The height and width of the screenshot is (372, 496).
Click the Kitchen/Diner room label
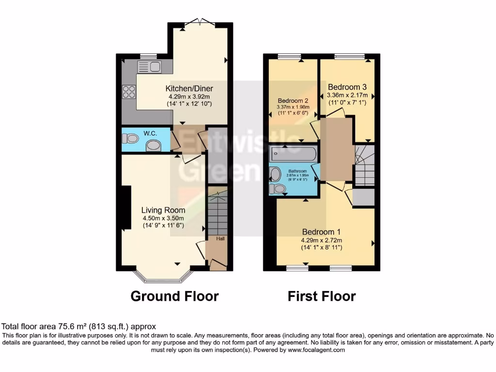(x=189, y=89)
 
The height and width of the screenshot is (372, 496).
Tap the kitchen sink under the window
(x=150, y=67)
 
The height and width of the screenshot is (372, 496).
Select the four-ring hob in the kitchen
(x=130, y=92)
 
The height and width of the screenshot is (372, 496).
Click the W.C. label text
(x=148, y=132)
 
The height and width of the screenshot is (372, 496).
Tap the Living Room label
(x=163, y=210)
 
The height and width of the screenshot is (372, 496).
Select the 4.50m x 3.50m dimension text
(x=163, y=218)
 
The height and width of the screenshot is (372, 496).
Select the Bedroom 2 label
(x=293, y=101)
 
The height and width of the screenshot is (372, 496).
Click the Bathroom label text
(x=298, y=171)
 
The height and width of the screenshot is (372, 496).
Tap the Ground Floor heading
(x=174, y=296)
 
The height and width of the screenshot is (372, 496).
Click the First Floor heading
(x=322, y=296)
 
